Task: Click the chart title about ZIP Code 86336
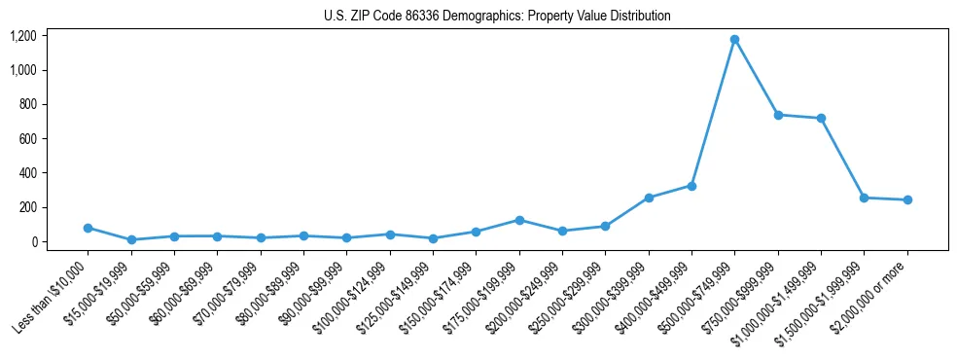[x=497, y=16]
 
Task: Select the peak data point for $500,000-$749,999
[x=734, y=40]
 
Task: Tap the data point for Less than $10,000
[x=88, y=228]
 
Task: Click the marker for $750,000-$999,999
[x=778, y=115]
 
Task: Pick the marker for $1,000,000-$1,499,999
[x=821, y=119]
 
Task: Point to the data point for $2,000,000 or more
[x=907, y=200]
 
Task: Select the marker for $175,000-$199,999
[x=519, y=220]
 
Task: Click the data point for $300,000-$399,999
[x=649, y=198]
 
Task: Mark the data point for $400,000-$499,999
[x=691, y=186]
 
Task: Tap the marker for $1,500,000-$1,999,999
[x=864, y=198]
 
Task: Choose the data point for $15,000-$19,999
[x=131, y=239]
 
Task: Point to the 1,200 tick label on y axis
[x=23, y=36]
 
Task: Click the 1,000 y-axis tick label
[x=23, y=70]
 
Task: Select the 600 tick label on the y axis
[x=26, y=139]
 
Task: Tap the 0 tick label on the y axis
[x=33, y=242]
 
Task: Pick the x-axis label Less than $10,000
[x=53, y=292]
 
